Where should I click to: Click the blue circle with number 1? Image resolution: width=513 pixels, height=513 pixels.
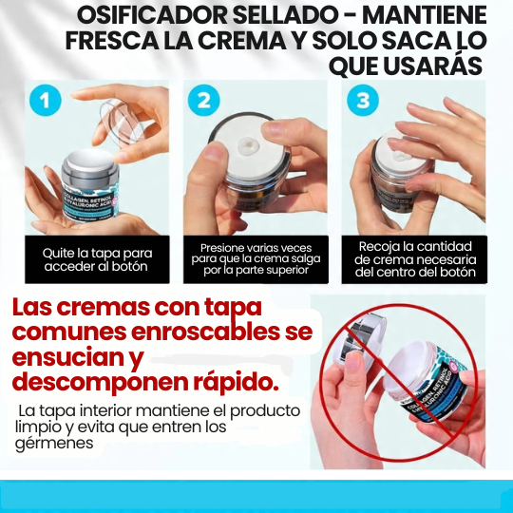(45, 102)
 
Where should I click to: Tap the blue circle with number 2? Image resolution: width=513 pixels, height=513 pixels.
(202, 102)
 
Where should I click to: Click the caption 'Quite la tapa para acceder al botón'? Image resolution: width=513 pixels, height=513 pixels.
(97, 259)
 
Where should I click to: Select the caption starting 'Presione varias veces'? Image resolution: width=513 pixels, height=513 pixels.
(256, 258)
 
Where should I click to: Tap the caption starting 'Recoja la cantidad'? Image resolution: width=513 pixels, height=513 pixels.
(415, 258)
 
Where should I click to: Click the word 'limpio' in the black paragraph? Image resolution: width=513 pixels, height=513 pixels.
(38, 427)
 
